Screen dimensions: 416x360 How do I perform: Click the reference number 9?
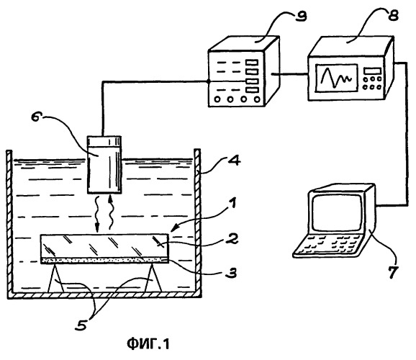[x=300, y=15]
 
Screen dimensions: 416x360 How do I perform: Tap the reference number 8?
[x=393, y=14]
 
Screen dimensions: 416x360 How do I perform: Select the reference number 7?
[x=393, y=271]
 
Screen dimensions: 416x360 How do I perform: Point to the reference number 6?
[x=37, y=117]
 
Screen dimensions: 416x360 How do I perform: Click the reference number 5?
[x=81, y=324]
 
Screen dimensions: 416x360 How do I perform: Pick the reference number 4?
[x=233, y=161]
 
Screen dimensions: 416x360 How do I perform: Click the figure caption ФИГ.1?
[x=148, y=344]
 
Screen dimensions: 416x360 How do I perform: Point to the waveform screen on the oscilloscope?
[x=336, y=78]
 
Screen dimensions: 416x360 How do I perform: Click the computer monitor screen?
[x=338, y=213]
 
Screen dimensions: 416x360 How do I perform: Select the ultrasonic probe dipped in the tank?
[x=104, y=165]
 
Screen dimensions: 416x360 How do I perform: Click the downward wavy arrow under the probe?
[x=97, y=214]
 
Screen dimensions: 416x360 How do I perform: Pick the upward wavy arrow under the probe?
[x=112, y=212]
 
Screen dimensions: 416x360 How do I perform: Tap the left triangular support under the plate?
[x=55, y=278]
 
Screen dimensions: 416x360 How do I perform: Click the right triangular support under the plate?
[x=153, y=278]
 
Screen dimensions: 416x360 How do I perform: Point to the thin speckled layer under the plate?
[x=104, y=261]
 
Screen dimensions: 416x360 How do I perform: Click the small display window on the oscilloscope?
[x=373, y=71]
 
